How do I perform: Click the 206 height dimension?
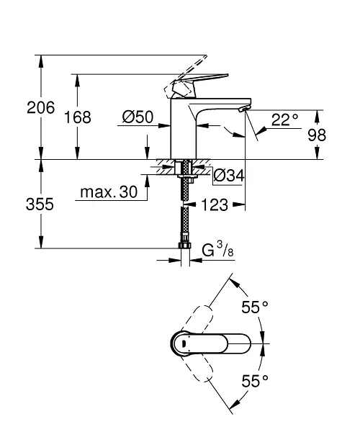tap(40, 108)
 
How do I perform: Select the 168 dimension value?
tap(78, 117)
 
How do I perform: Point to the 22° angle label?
tap(284, 120)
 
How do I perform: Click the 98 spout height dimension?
tap(317, 135)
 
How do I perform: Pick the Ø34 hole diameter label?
tap(229, 175)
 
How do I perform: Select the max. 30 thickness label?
tap(108, 193)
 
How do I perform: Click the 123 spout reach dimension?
tap(215, 205)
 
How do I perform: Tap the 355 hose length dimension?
tap(40, 204)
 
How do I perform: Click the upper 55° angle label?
tap(254, 307)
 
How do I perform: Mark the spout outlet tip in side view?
tap(243, 107)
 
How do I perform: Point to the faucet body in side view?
tap(184, 130)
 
